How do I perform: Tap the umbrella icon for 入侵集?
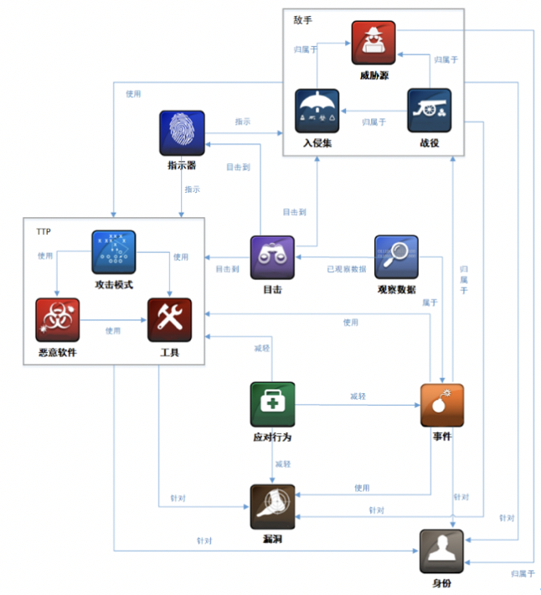click(x=317, y=111)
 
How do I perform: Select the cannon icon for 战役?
click(x=429, y=111)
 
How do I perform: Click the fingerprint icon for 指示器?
click(x=182, y=133)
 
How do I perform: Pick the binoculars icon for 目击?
click(x=272, y=257)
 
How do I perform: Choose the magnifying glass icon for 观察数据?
click(x=396, y=257)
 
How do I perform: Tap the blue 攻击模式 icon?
click(x=113, y=252)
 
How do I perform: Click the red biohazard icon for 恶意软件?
click(x=57, y=319)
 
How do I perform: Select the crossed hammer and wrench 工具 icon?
click(x=169, y=319)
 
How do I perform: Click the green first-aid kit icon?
click(x=272, y=405)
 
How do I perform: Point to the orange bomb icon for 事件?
click(x=441, y=406)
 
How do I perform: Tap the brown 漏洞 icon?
click(x=272, y=506)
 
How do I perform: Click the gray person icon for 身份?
click(x=441, y=551)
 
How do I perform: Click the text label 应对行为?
click(x=272, y=437)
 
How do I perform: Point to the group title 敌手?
click(x=302, y=18)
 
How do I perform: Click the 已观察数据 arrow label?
click(x=346, y=269)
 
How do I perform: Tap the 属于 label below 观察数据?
click(x=430, y=303)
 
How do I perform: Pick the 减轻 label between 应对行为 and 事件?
click(x=358, y=396)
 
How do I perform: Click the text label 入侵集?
click(x=317, y=143)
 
